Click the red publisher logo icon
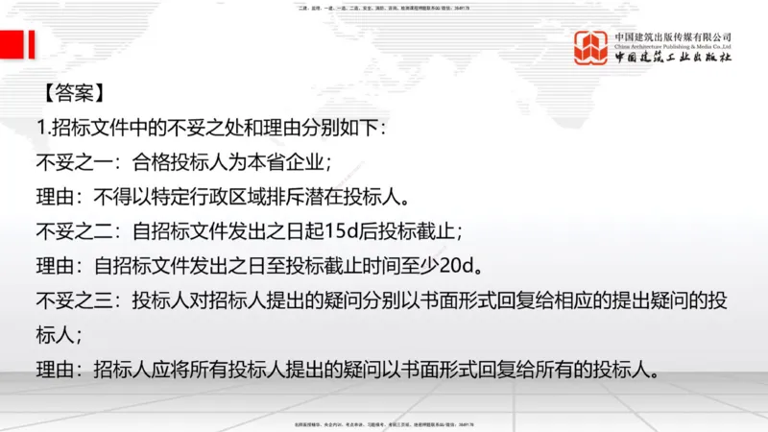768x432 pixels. click(x=591, y=48)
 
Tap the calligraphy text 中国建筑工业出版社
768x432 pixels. click(x=674, y=59)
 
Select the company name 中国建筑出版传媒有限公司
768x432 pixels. click(x=673, y=36)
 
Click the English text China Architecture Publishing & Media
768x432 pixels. click(x=673, y=45)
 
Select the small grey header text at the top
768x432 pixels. click(x=383, y=8)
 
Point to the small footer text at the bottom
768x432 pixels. click(x=383, y=424)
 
